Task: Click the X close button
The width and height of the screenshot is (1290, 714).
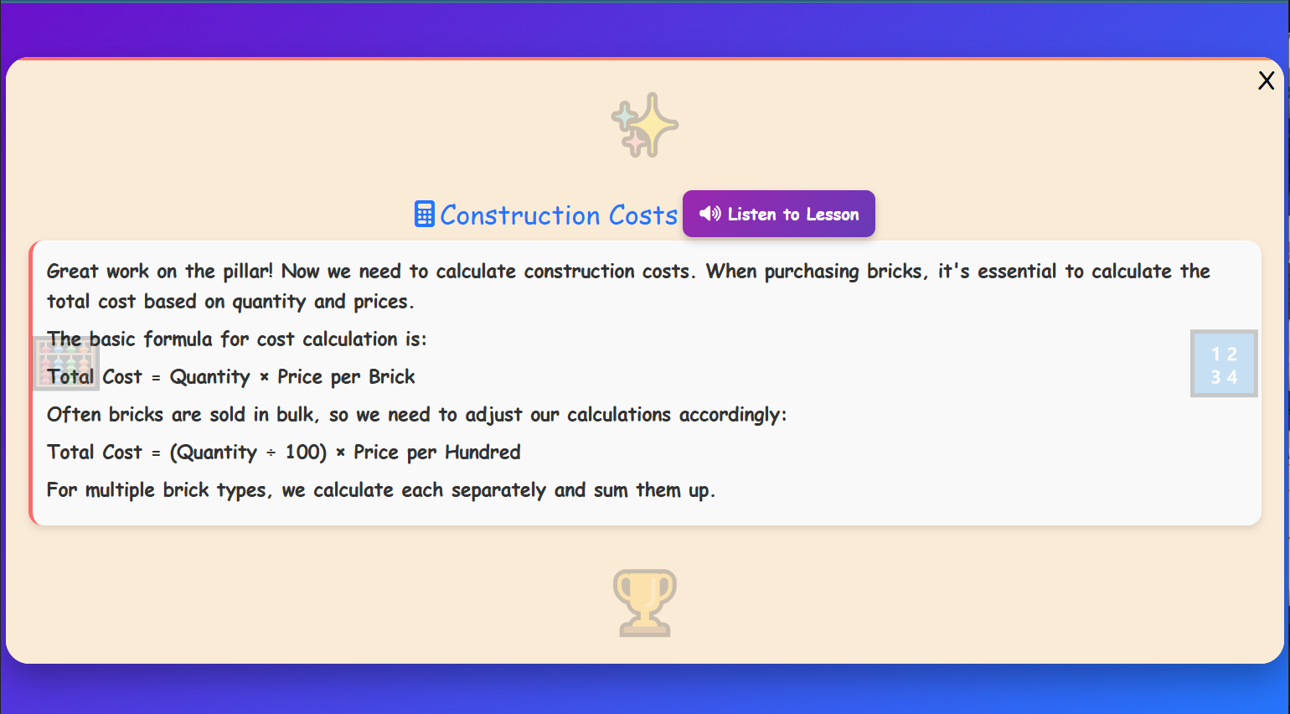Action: pos(1266,80)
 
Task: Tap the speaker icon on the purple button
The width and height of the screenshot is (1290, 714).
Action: pos(709,214)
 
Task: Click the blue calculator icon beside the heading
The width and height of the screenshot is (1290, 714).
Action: pos(425,215)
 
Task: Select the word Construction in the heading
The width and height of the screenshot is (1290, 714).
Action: pos(519,215)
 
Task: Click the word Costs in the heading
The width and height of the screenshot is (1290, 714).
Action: pos(642,215)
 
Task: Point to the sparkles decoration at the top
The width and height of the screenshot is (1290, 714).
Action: pos(644,125)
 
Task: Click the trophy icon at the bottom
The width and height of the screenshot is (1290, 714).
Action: pos(644,603)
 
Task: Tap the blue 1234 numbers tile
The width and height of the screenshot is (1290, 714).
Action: pos(1224,364)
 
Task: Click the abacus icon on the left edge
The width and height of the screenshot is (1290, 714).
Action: pos(65,364)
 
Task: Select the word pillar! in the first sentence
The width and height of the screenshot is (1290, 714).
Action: pos(248,272)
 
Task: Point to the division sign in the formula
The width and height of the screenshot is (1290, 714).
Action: pos(271,453)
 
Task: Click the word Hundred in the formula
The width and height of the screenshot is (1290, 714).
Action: pos(482,453)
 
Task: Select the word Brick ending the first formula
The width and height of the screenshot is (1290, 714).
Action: pos(391,377)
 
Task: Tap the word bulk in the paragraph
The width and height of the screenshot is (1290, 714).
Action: pos(297,415)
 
